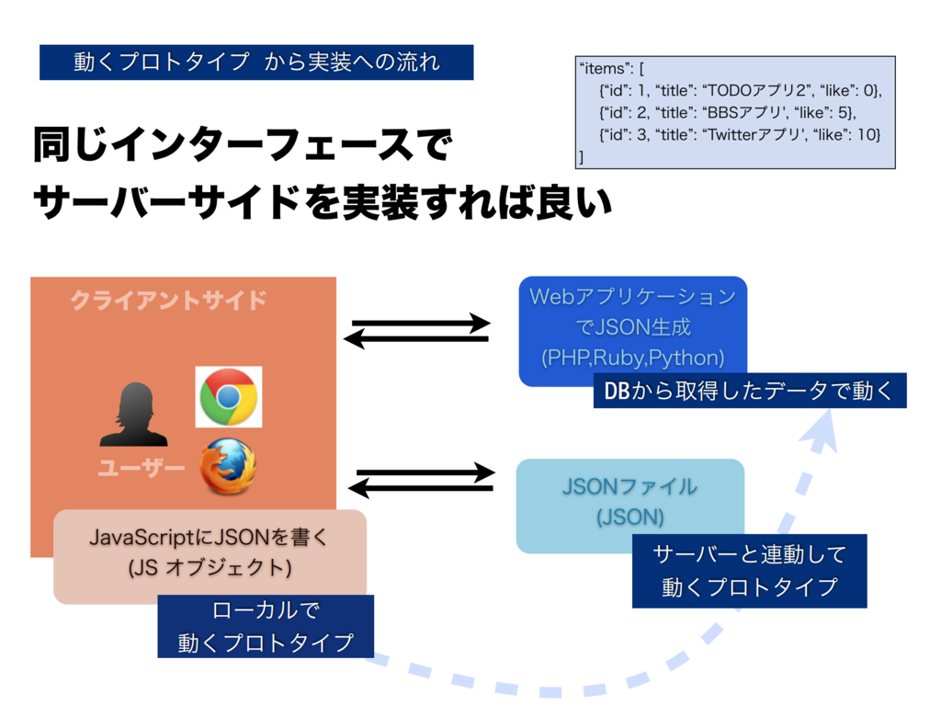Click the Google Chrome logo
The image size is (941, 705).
click(x=228, y=396)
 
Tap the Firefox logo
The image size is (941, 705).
click(x=228, y=468)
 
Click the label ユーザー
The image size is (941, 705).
click(x=141, y=469)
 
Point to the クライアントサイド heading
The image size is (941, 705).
click(x=168, y=301)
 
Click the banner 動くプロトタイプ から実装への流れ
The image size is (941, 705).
click(x=256, y=63)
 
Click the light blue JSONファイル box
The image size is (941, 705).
click(x=629, y=502)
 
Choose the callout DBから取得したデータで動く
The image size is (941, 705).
click(x=749, y=391)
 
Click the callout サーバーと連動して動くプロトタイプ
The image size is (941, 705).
click(x=749, y=571)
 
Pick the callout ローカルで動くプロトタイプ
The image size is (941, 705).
click(x=265, y=626)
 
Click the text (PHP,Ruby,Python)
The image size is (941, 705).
click(x=632, y=356)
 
